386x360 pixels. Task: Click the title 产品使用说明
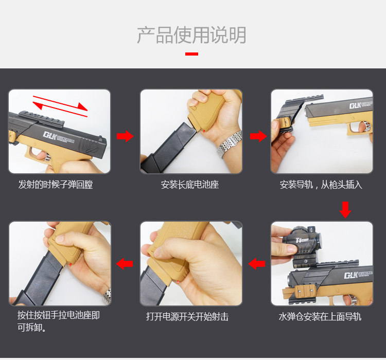pos(191,35)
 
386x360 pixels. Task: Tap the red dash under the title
pos(191,54)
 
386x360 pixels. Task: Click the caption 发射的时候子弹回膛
pos(56,185)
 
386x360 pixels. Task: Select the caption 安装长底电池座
pos(190,185)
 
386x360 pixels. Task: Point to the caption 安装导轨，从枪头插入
pos(321,185)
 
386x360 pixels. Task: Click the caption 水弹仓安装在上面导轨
pos(320,317)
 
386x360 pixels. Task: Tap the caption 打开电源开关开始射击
pos(187,317)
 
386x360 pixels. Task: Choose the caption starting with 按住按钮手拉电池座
pos(59,321)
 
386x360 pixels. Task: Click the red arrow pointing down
pos(345,210)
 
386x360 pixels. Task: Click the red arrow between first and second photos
pos(125,136)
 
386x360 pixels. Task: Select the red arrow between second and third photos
pos(258,136)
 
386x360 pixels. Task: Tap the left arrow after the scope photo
pos(257,264)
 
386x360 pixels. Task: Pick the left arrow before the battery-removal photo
pos(125,264)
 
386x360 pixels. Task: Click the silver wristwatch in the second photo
pos(230,144)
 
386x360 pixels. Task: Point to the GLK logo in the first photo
pos(59,137)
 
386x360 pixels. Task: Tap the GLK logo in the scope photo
pos(358,275)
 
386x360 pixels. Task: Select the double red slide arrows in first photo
pos(60,106)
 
